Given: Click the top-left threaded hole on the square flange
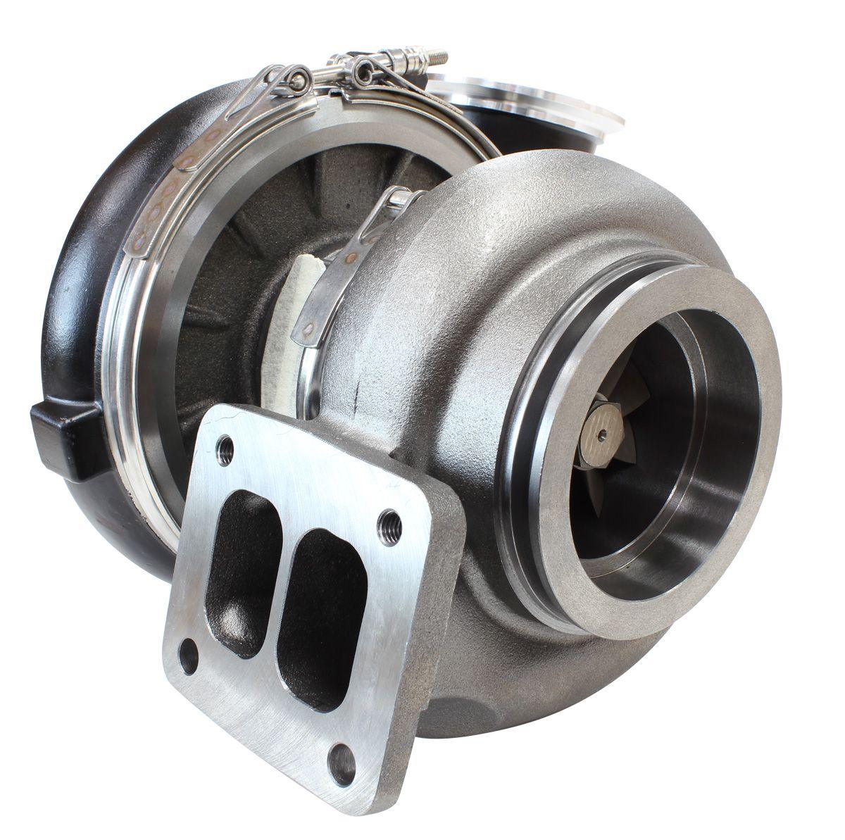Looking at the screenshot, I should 225,446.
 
